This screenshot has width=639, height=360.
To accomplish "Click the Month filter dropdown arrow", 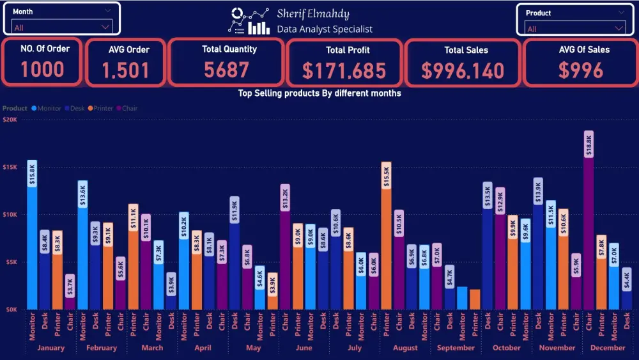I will (x=105, y=27).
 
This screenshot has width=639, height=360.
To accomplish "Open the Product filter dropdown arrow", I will (x=619, y=28).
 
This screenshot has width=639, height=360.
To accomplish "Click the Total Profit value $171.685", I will (x=344, y=70).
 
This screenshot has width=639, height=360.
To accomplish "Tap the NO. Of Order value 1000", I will (x=43, y=69).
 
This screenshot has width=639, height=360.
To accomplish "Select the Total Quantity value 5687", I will (x=226, y=70).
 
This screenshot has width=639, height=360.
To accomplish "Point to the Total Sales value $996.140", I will (x=463, y=71).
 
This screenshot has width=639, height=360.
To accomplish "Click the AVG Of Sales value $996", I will (x=580, y=70).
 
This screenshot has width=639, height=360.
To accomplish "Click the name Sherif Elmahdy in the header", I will (x=313, y=14).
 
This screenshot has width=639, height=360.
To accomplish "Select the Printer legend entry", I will (x=102, y=108).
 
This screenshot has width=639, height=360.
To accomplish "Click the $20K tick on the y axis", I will (x=10, y=120).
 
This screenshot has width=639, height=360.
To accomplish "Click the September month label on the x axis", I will (x=456, y=348).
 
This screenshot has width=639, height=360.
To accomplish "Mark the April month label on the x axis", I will (x=203, y=348).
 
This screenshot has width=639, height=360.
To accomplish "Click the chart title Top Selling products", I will (x=319, y=93).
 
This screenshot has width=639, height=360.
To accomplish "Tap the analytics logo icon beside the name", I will (x=249, y=21).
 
